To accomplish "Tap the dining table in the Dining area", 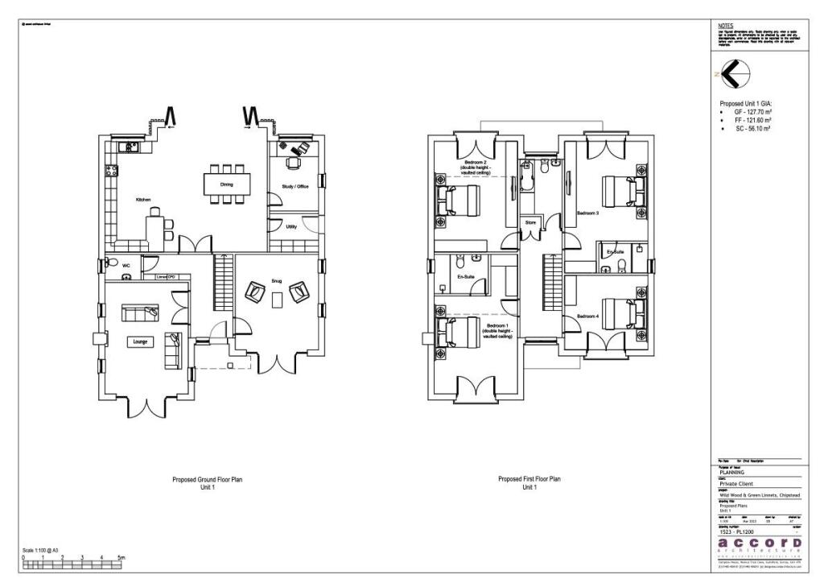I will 226,184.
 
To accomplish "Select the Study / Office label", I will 295,186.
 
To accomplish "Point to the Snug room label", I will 276,280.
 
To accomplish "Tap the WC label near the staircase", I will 126,264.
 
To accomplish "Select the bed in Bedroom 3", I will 620,192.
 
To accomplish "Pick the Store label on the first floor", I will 530,222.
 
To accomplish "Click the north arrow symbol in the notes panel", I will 733,74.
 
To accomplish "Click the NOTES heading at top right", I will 725,26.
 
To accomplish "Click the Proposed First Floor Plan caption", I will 529,479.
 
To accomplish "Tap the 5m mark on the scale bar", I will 122,557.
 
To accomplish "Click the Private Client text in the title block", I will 740,484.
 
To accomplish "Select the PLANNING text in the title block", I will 732,472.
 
